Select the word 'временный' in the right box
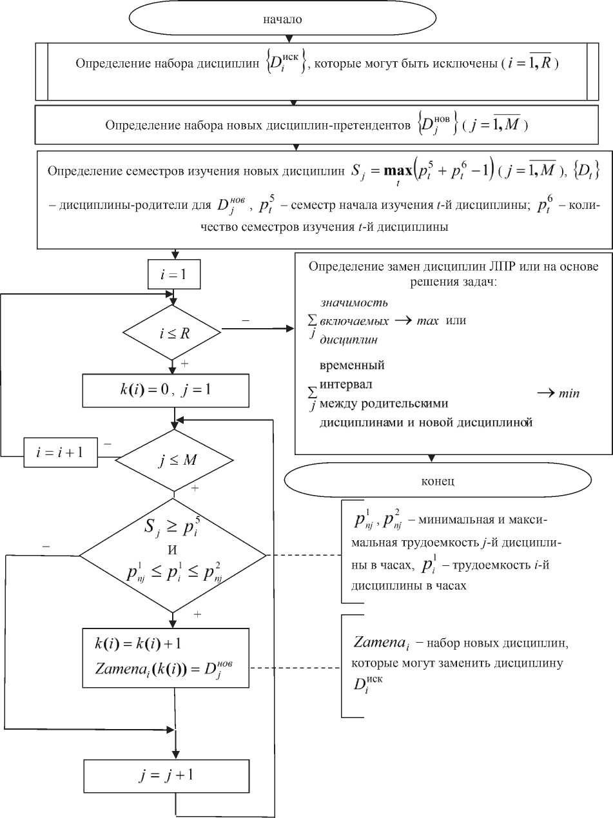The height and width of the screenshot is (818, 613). click(x=352, y=365)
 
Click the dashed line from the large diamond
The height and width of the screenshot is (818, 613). click(x=303, y=555)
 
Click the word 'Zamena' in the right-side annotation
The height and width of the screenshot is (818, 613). click(x=377, y=643)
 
